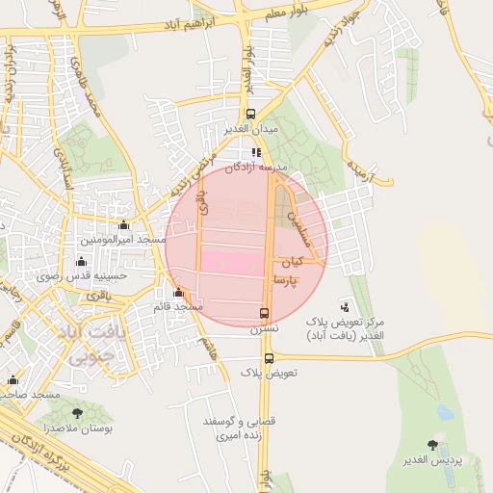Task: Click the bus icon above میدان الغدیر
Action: [x=250, y=114]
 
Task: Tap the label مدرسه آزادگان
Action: [x=256, y=167]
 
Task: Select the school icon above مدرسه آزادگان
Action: [x=256, y=152]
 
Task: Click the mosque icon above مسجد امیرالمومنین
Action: [x=122, y=224]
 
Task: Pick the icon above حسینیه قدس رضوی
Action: [x=81, y=261]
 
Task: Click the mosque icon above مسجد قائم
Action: [x=178, y=293]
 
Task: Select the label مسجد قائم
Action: [x=177, y=306]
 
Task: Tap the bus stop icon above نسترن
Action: [x=264, y=313]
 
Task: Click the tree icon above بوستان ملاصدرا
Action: [x=76, y=413]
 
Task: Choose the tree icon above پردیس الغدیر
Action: [x=431, y=445]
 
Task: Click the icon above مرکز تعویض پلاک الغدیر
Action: [x=346, y=306]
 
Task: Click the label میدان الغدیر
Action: [x=250, y=128]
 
